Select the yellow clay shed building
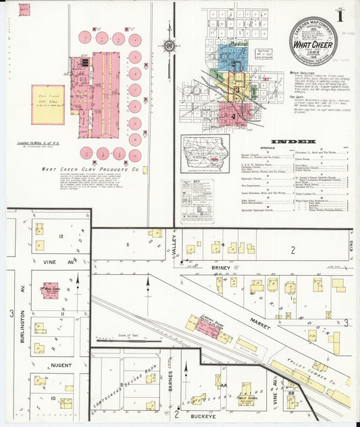click(48, 104)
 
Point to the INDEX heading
click(295, 142)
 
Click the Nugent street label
click(60, 366)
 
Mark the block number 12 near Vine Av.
click(60, 236)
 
